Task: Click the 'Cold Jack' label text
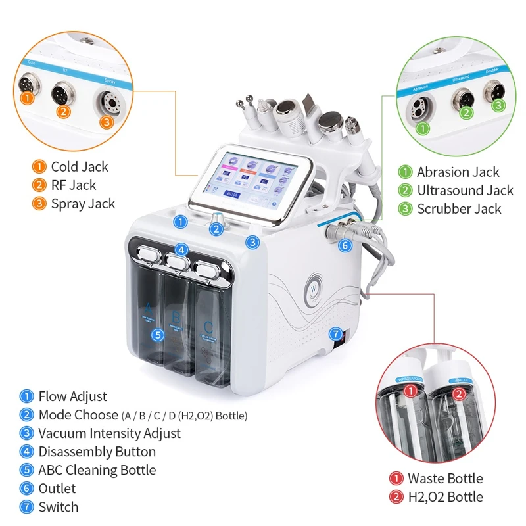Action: pyautogui.click(x=80, y=167)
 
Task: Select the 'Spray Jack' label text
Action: pyautogui.click(x=83, y=204)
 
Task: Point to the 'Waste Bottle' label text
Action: pyautogui.click(x=445, y=479)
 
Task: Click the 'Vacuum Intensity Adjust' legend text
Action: pyautogui.click(x=109, y=433)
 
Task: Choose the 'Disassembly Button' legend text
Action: pyautogui.click(x=97, y=452)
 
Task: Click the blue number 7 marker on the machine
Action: pyautogui.click(x=335, y=333)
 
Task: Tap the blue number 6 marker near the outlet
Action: pyautogui.click(x=346, y=245)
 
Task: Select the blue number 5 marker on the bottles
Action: pyautogui.click(x=157, y=335)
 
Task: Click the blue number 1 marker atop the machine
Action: pyautogui.click(x=180, y=222)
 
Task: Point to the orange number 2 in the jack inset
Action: pyautogui.click(x=64, y=111)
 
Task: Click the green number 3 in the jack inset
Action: pyautogui.click(x=498, y=105)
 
